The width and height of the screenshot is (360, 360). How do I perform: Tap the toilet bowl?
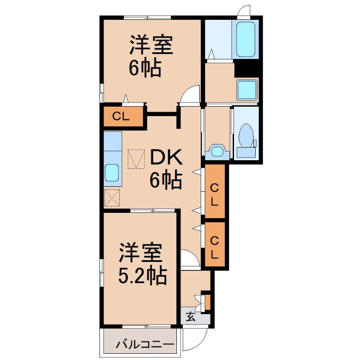246,135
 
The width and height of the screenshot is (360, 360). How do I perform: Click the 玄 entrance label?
190,317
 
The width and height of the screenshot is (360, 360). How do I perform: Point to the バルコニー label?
145,345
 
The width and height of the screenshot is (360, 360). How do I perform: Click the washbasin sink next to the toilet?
217,150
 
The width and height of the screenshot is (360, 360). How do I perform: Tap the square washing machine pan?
247,90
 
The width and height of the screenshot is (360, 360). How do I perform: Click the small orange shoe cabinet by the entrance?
207,301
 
